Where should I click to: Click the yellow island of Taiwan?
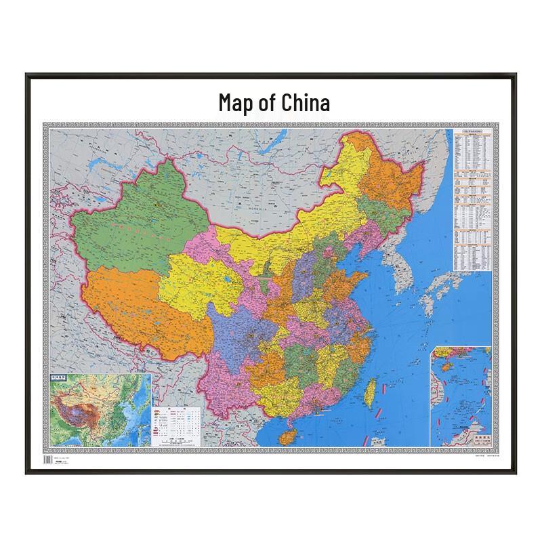click(x=371, y=393)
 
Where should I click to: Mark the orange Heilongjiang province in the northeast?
click(x=393, y=176)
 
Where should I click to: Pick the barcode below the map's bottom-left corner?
click(x=47, y=460)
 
